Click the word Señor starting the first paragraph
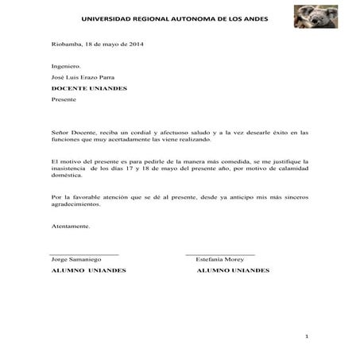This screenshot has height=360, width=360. coord(61,132)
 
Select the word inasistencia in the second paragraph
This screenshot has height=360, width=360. coord(69,168)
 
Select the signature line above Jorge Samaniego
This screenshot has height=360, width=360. coord(84,254)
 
